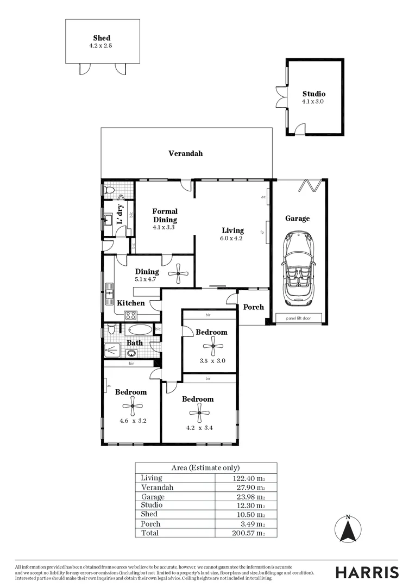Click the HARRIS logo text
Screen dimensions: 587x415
tap(367, 572)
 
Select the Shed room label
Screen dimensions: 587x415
tap(102, 38)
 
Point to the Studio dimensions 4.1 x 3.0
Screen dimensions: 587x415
tap(313, 101)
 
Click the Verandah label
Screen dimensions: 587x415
tap(185, 153)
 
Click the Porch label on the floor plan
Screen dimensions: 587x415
tap(253, 307)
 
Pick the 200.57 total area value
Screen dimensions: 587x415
tap(248, 533)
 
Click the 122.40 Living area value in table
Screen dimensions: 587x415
tap(248, 478)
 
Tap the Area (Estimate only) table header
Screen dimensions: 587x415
tap(205, 467)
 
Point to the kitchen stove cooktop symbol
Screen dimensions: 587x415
tap(130, 315)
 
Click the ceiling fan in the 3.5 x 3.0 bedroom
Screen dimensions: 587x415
tap(212, 345)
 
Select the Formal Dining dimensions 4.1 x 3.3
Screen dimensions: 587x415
tap(164, 228)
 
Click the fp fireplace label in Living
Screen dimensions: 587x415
tap(262, 232)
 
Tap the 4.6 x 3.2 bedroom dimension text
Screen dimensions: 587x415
tap(133, 420)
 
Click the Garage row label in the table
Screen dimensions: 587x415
tap(153, 497)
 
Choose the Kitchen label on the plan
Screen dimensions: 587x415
tap(131, 303)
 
